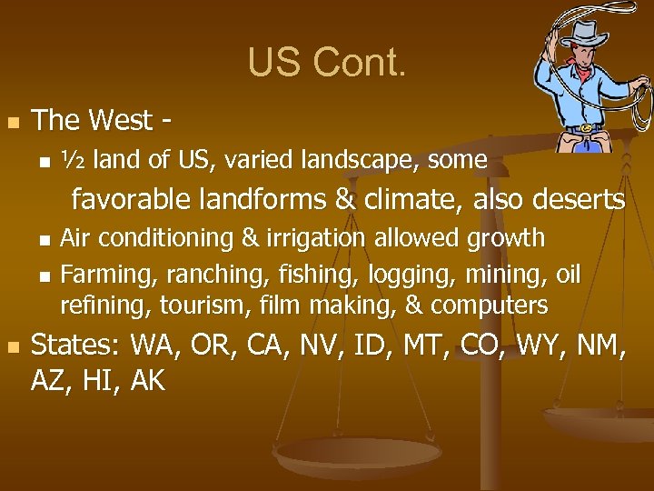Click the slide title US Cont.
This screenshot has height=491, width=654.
click(327, 62)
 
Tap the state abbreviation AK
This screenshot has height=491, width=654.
click(147, 381)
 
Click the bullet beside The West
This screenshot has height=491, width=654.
click(13, 122)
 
